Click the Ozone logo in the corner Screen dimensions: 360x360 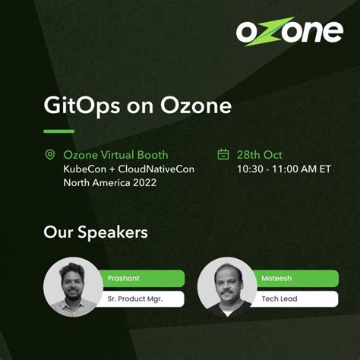click(289, 31)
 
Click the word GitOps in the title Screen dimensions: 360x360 click(82, 106)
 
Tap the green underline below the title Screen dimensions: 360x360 click(59, 131)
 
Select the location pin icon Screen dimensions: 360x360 click(49, 154)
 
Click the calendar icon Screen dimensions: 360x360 click(223, 154)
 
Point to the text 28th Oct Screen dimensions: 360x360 click(260, 155)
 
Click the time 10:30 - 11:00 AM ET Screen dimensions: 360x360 click(284, 169)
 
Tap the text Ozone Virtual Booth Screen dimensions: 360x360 click(115, 155)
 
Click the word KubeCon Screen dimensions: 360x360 click(85, 169)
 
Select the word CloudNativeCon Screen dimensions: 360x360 click(156, 169)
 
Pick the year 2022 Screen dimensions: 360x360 click(145, 183)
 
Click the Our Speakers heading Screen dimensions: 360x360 click(96, 232)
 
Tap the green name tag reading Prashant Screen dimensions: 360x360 click(142, 278)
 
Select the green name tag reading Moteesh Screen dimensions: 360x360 click(295, 278)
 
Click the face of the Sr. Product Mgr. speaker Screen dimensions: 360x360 click(72, 284)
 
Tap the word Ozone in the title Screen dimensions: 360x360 click(196, 106)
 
